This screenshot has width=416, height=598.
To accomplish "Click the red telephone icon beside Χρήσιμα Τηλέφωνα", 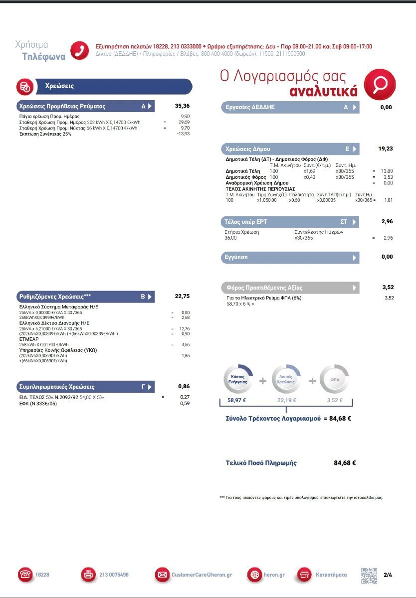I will pyautogui.click(x=79, y=50).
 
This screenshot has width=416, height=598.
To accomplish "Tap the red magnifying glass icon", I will pyautogui.click(x=380, y=84).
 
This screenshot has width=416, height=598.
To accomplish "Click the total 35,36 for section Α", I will pyautogui.click(x=182, y=106).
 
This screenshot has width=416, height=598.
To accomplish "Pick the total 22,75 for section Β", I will pyautogui.click(x=182, y=297).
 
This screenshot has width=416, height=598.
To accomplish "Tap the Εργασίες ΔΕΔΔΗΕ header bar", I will pyautogui.click(x=289, y=107).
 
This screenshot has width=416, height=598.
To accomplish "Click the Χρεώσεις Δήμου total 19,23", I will pyautogui.click(x=385, y=149).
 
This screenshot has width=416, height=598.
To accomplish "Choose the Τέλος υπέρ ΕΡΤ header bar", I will pyautogui.click(x=289, y=222).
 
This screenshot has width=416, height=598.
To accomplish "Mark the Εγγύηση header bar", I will pyautogui.click(x=289, y=258).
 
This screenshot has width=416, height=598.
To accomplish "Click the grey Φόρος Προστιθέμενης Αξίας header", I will pyautogui.click(x=289, y=288).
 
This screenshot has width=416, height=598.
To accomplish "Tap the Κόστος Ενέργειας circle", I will pyautogui.click(x=237, y=380).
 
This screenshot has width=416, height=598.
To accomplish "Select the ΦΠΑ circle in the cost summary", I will pyautogui.click(x=335, y=380).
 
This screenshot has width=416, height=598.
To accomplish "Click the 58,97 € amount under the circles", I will pyautogui.click(x=237, y=400).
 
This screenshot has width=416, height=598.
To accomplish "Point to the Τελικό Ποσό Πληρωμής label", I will pyautogui.click(x=261, y=463).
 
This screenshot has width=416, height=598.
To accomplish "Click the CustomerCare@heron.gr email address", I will pyautogui.click(x=202, y=575).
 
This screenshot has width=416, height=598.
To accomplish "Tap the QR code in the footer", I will pyautogui.click(x=369, y=575).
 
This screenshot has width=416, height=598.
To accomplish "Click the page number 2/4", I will pyautogui.click(x=388, y=575).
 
